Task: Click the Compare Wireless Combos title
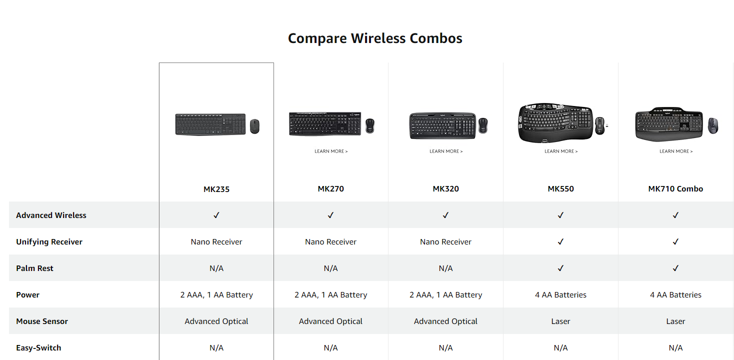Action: click(375, 38)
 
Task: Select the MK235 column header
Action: click(216, 189)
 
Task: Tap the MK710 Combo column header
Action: click(675, 188)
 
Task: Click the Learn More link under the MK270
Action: click(331, 151)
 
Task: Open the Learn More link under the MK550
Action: click(561, 151)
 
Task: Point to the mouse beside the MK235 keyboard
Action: click(254, 126)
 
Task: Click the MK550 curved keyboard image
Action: click(555, 123)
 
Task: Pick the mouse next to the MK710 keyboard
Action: click(713, 125)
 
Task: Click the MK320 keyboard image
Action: click(442, 126)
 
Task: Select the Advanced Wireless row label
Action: click(51, 215)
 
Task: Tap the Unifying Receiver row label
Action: click(49, 241)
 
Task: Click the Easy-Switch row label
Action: click(38, 348)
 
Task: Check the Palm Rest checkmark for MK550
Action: click(560, 268)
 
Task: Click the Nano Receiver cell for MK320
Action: click(445, 241)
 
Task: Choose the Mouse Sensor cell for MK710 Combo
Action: click(675, 321)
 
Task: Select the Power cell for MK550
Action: click(560, 295)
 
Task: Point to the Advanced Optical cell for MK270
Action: click(330, 321)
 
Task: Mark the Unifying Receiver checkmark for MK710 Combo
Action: click(675, 241)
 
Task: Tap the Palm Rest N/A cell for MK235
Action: click(216, 268)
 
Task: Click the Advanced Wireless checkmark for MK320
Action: click(445, 215)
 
